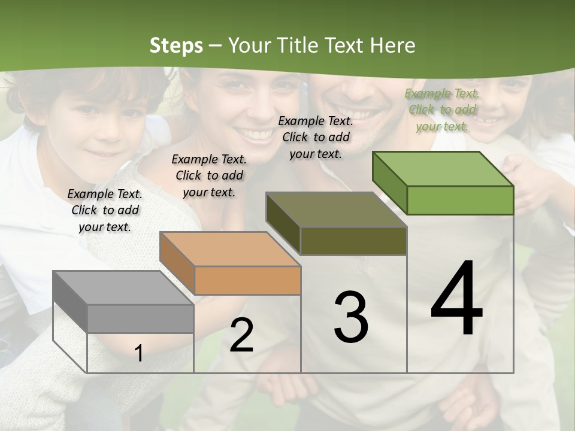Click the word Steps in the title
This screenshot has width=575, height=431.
point(176,45)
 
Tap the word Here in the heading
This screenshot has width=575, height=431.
point(393,45)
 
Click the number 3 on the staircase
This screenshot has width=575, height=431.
point(351,317)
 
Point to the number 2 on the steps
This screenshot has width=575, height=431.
point(241,335)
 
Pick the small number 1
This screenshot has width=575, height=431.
point(139,353)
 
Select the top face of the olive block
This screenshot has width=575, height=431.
point(336,210)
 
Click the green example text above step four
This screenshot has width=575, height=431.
point(442,110)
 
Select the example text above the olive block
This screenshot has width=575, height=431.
point(316,137)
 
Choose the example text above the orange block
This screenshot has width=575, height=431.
point(209,175)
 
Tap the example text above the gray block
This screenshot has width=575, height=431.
point(105,210)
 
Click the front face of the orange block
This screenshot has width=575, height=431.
point(247,280)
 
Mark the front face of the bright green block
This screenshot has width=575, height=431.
point(460,200)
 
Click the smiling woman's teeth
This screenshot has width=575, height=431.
point(256,133)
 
